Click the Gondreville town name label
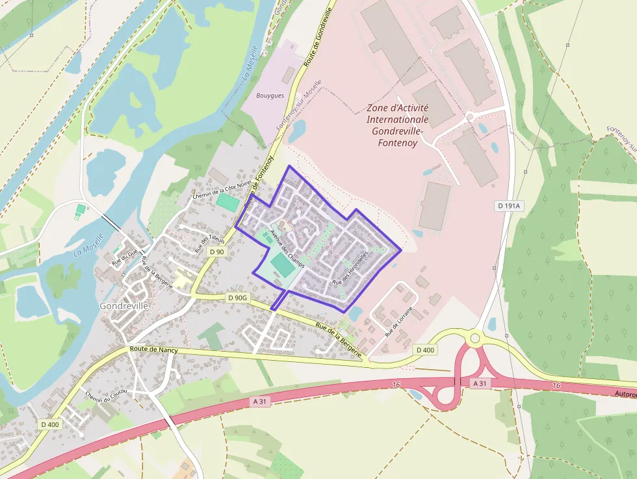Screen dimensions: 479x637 pos(124,305)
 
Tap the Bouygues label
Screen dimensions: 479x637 pos(270,96)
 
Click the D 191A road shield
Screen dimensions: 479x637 pos(509,206)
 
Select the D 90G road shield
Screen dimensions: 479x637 pos(239,297)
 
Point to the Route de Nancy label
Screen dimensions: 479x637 pos(154,350)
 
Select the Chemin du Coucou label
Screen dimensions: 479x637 pos(101,403)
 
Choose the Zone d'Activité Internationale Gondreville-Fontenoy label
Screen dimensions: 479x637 pos(397,125)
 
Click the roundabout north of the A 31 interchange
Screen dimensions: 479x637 pos(475,338)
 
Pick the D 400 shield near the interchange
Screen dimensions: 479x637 pos(425,350)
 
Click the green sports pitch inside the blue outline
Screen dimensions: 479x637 pos(281,264)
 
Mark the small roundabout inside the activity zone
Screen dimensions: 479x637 pos(469,117)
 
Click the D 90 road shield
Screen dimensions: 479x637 pos(216,252)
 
